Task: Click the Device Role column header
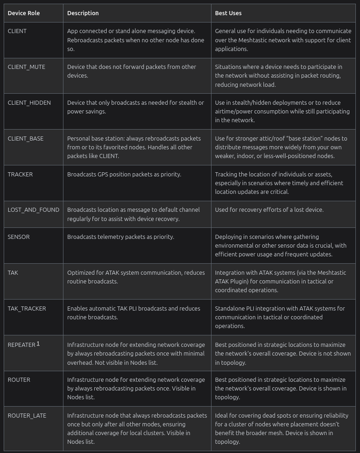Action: (x=24, y=13)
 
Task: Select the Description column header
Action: (x=83, y=13)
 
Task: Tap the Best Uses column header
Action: (x=228, y=13)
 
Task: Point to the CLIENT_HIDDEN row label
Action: (x=29, y=102)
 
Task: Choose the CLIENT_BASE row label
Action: (x=26, y=138)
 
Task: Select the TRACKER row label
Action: (x=20, y=174)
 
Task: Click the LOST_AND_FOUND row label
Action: (x=34, y=210)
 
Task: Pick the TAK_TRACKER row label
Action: (x=27, y=308)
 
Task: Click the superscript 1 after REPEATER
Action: (x=38, y=343)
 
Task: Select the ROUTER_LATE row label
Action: (x=27, y=415)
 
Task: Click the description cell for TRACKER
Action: (x=124, y=174)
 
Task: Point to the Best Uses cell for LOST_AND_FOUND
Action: (x=269, y=210)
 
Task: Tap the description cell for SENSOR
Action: (x=120, y=237)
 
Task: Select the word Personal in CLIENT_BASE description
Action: (x=79, y=138)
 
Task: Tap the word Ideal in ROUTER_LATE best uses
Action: (x=222, y=415)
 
